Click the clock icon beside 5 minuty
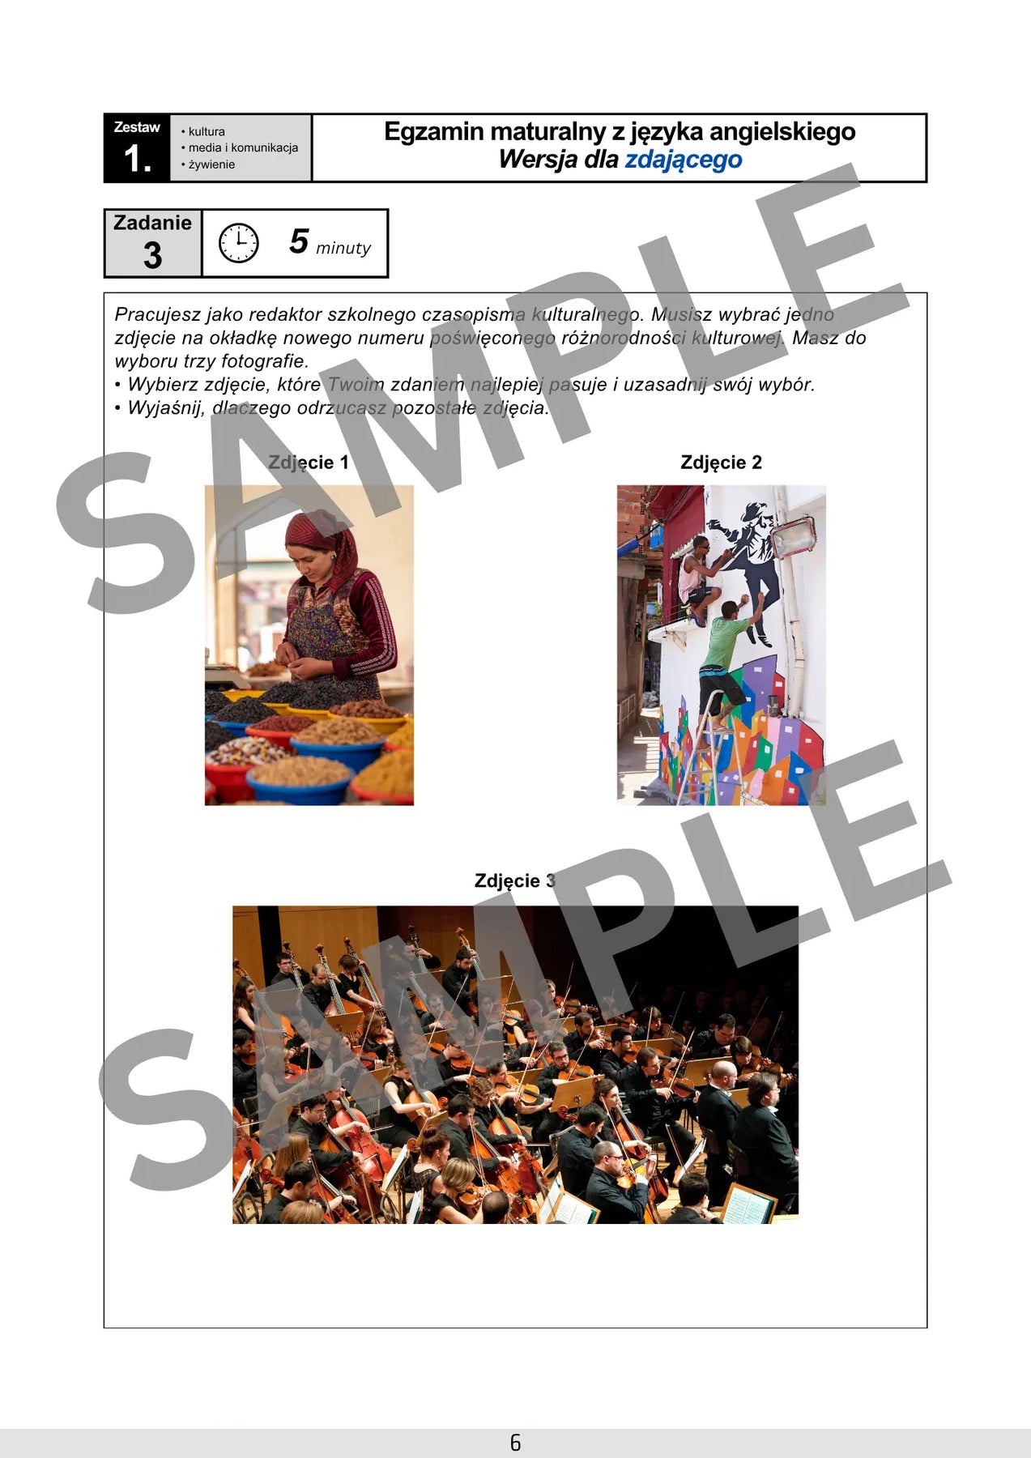click(x=239, y=243)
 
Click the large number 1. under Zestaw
click(x=138, y=158)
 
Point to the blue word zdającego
click(x=684, y=160)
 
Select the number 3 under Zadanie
click(x=153, y=256)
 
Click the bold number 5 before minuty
click(x=299, y=241)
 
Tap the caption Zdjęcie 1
click(x=309, y=463)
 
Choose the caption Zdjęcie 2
click(x=721, y=463)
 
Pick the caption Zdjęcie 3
click(x=515, y=880)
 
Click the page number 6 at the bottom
click(x=515, y=1443)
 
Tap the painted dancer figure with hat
click(x=749, y=567)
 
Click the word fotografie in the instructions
click(x=266, y=361)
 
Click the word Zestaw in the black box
click(x=137, y=127)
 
